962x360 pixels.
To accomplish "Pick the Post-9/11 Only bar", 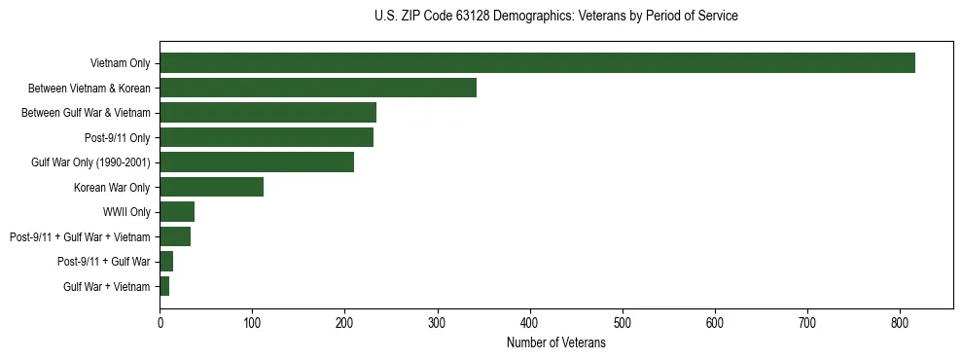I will coord(267,137).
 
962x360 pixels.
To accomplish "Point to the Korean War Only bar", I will coord(211,187).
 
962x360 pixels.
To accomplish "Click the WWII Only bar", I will coord(177,211).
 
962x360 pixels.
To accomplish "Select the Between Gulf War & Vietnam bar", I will coord(267,113).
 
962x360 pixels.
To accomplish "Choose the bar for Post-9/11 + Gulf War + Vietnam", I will coord(175,236).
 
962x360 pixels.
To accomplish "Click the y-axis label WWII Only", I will coord(127,212).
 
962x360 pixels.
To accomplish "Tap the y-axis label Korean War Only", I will coord(112,188).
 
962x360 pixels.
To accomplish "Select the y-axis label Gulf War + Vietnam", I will coord(107,286).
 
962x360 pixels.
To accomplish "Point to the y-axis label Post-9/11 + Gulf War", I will coord(104,262).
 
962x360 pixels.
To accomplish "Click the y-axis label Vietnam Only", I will coord(120,64).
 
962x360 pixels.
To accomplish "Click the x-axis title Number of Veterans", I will coord(555,342).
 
